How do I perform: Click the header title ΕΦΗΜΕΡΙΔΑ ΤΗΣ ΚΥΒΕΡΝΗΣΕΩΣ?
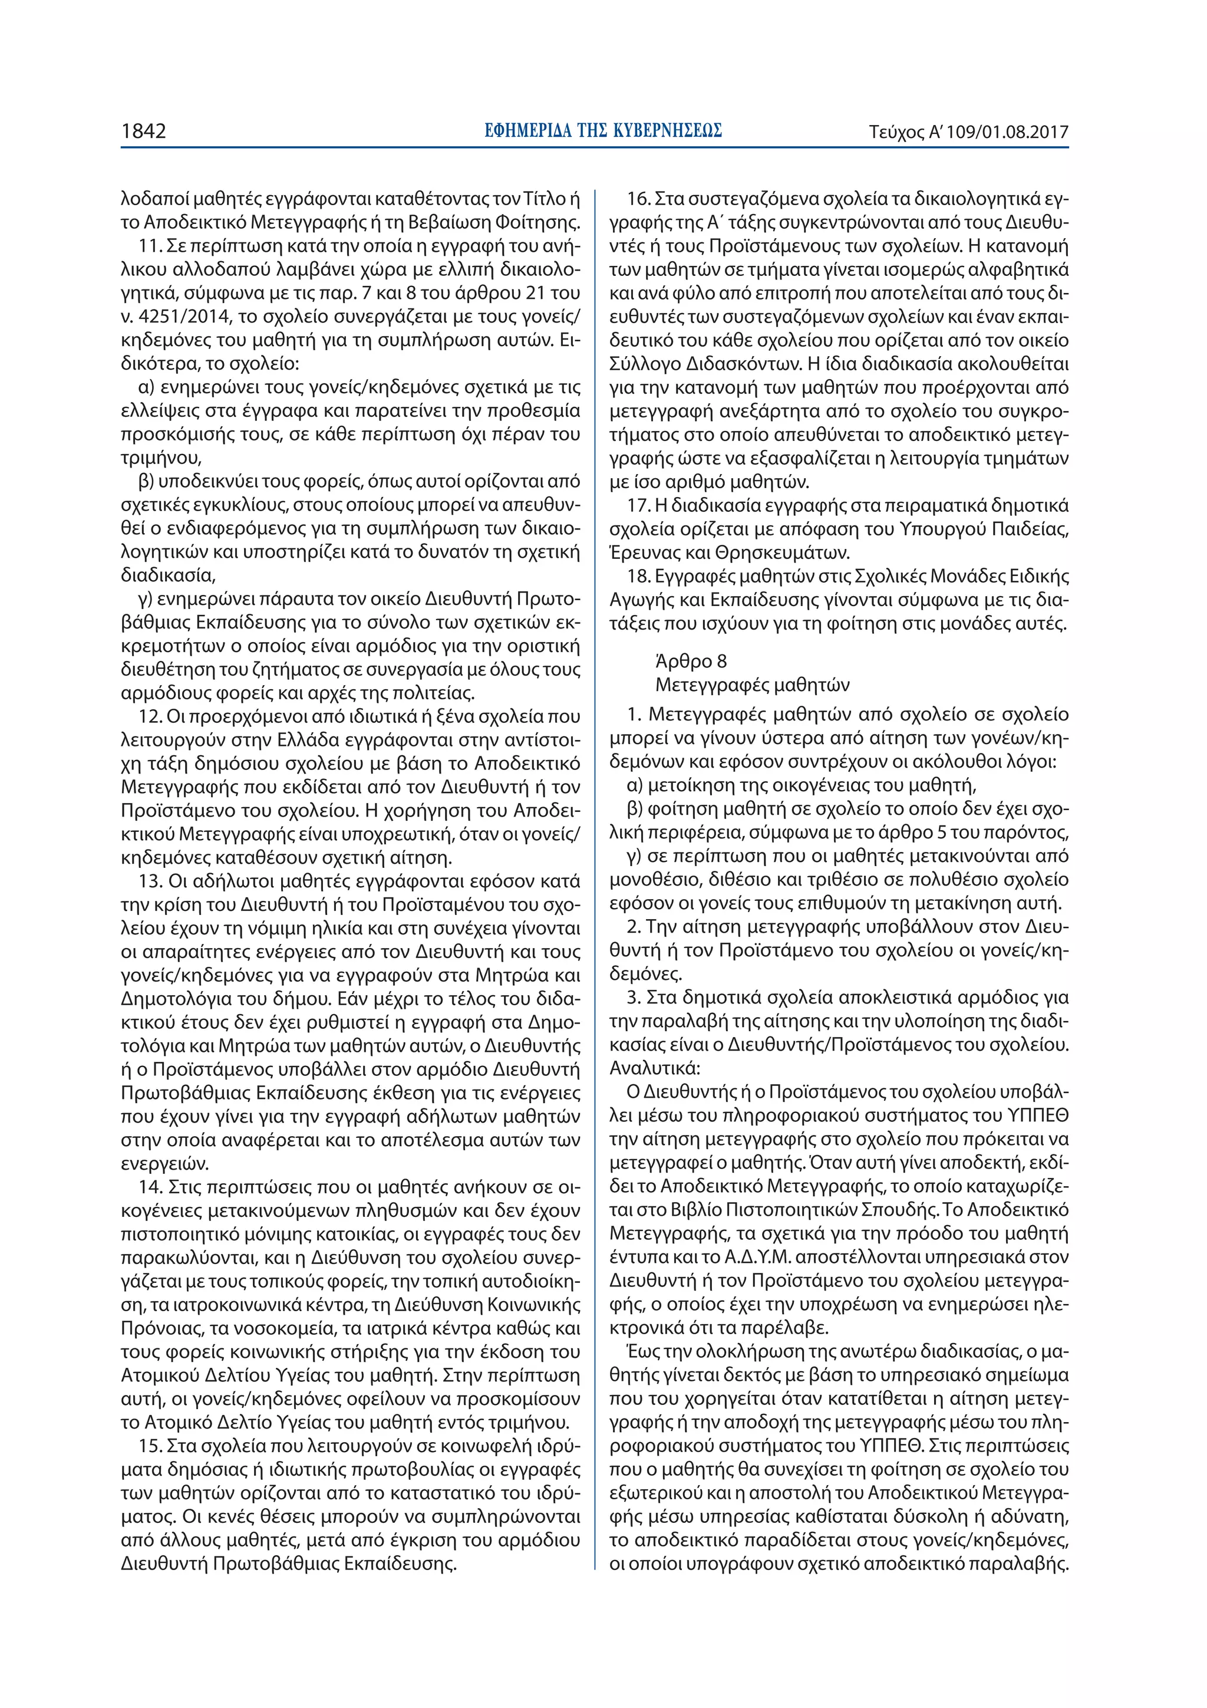[x=603, y=131]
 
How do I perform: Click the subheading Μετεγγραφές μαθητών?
[x=752, y=684]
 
